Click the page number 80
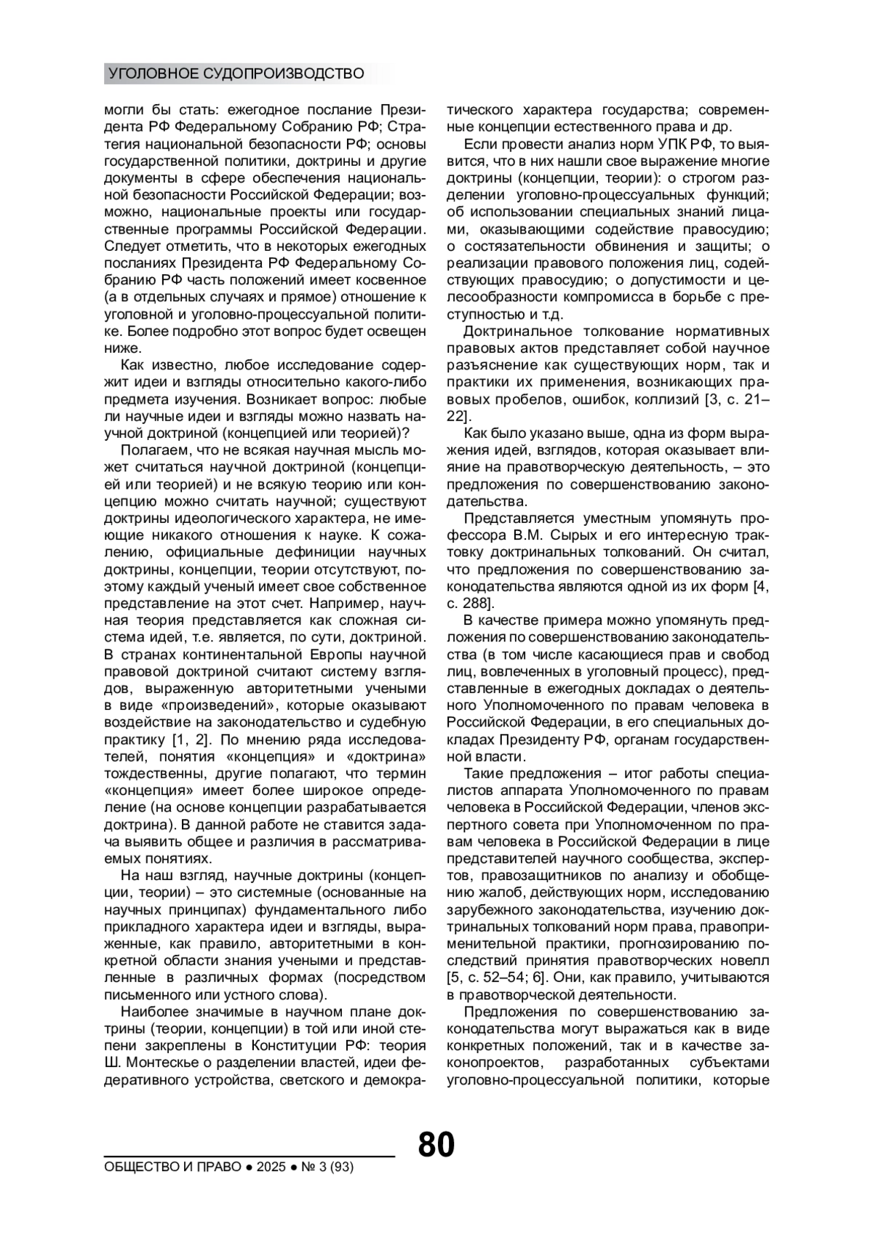point(436,1144)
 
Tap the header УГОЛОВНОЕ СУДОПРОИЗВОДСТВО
point(236,73)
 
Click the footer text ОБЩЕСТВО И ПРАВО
point(173,1167)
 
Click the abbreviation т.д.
point(556,314)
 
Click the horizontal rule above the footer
point(249,1155)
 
